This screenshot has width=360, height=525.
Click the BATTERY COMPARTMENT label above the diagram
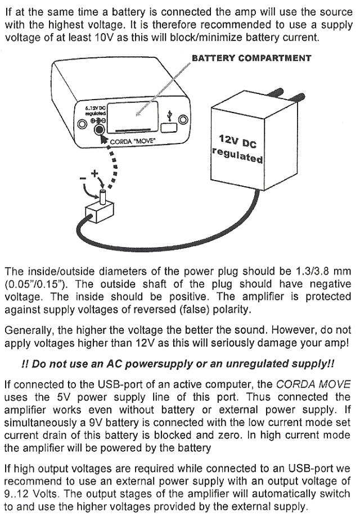pos(251,58)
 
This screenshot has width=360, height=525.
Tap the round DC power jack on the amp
pos(101,129)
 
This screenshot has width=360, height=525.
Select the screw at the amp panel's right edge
pos(183,119)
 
